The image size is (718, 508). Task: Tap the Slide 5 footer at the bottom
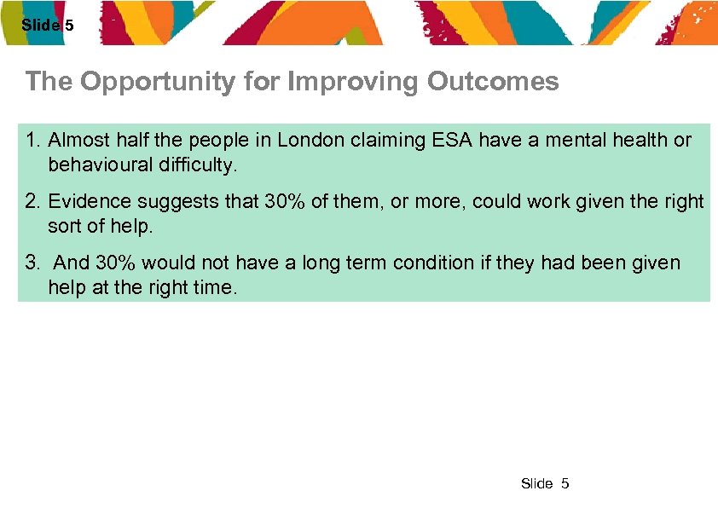pyautogui.click(x=544, y=484)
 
